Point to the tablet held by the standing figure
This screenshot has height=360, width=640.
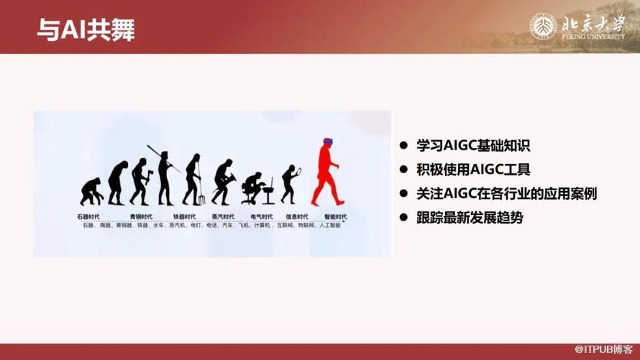click(x=299, y=170)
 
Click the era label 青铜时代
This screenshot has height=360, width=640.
click(x=141, y=216)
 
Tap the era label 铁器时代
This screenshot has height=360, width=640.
click(x=184, y=216)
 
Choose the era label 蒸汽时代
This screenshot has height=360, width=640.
click(x=223, y=216)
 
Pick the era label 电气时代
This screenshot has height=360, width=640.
click(x=261, y=216)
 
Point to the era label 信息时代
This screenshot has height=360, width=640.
click(x=297, y=216)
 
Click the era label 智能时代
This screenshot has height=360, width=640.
click(x=335, y=216)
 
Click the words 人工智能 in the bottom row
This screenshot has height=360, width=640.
click(x=330, y=226)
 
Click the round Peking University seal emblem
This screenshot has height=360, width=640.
click(x=544, y=27)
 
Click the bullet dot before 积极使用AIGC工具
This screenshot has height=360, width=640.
click(x=404, y=170)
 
